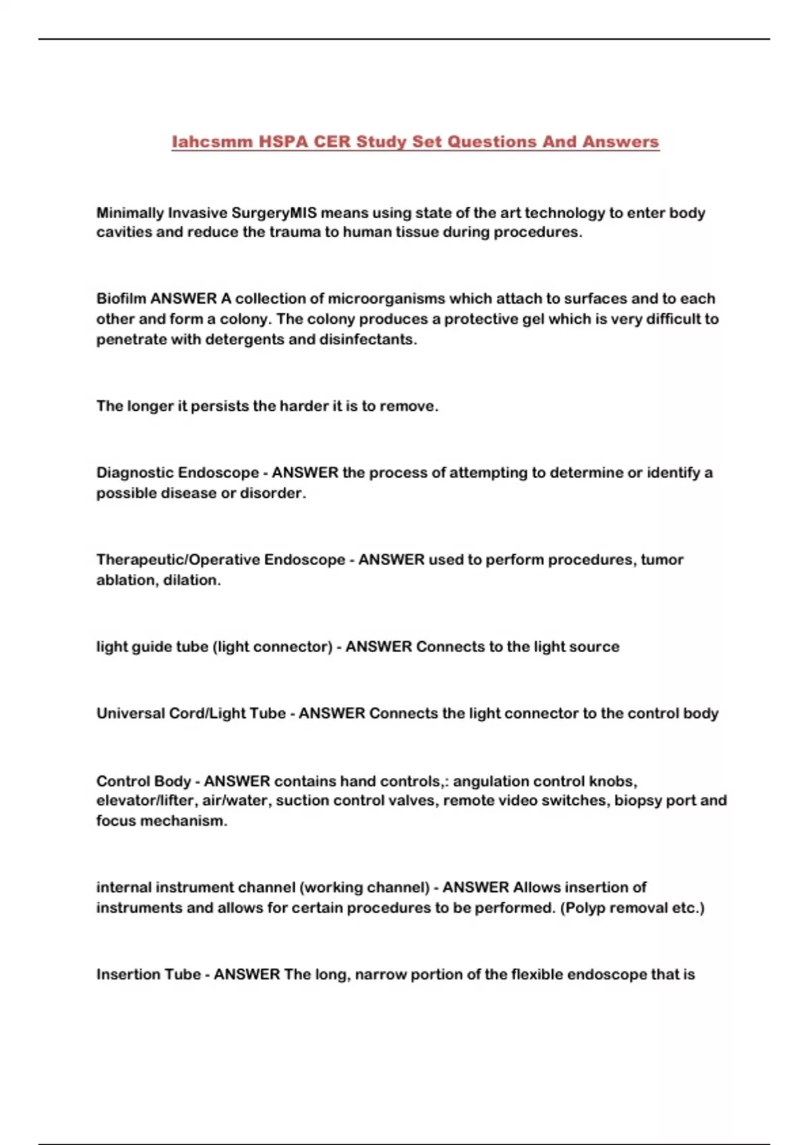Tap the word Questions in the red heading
(489, 141)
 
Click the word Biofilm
(121, 298)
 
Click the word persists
(219, 406)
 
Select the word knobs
(613, 781)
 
